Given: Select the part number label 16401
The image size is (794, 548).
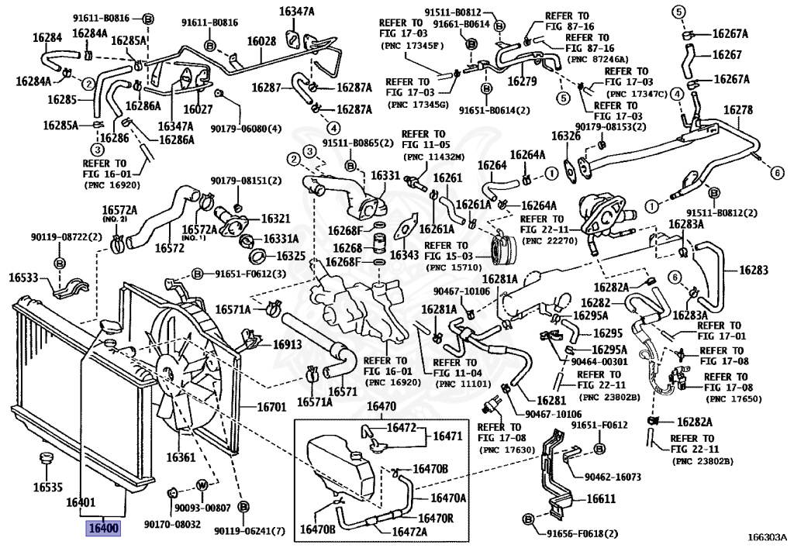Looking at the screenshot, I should coord(81,503).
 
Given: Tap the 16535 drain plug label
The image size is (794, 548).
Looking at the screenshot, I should coord(47,488).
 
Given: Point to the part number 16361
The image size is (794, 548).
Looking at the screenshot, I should coord(180,457).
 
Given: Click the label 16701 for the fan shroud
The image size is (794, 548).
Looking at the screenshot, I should coord(272,406).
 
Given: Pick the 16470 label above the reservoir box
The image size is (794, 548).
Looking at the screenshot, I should coord(381,406).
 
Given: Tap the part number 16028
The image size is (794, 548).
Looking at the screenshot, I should coord(261,40).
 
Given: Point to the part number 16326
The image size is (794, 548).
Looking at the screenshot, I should coord(565,136).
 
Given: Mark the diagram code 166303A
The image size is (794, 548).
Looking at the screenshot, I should coord(767,536).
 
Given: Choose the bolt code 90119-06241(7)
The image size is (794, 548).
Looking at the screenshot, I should coord(250,531).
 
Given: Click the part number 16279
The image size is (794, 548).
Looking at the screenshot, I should coord(522,80).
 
